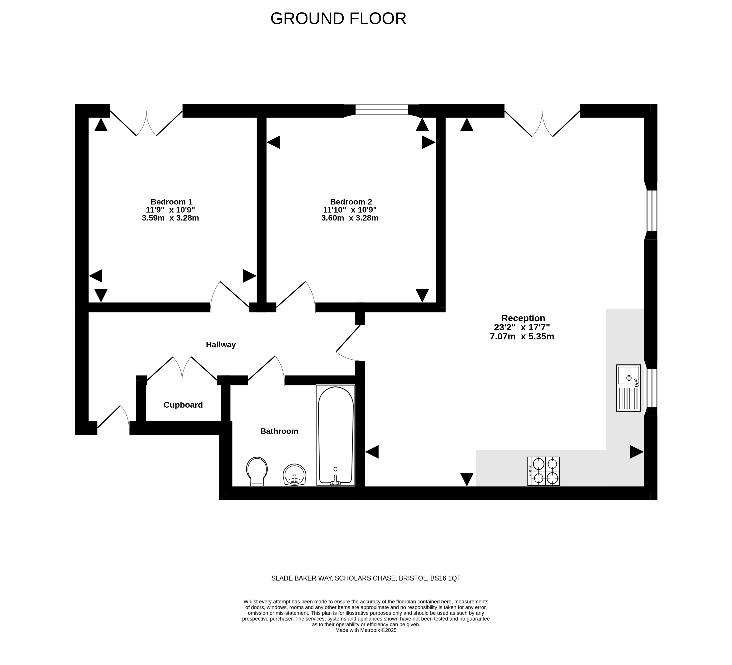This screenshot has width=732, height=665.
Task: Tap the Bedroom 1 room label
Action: point(171,202)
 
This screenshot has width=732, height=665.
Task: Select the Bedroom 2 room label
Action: point(351,202)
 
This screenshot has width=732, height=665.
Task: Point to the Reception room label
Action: point(523,318)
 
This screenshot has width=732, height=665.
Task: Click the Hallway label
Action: point(221,345)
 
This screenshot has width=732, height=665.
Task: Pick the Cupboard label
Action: point(183,405)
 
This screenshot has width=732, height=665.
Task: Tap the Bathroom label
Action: point(279,431)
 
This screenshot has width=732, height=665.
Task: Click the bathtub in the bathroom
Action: point(335,435)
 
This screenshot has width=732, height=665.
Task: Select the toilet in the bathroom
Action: point(257,471)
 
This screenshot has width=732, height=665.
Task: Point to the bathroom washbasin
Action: point(295,475)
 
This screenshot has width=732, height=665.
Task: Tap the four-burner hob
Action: point(544,471)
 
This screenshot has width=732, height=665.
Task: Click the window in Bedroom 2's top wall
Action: point(381,110)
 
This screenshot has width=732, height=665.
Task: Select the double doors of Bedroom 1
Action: point(146,123)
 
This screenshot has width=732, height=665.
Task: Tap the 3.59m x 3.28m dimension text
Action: point(170,218)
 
